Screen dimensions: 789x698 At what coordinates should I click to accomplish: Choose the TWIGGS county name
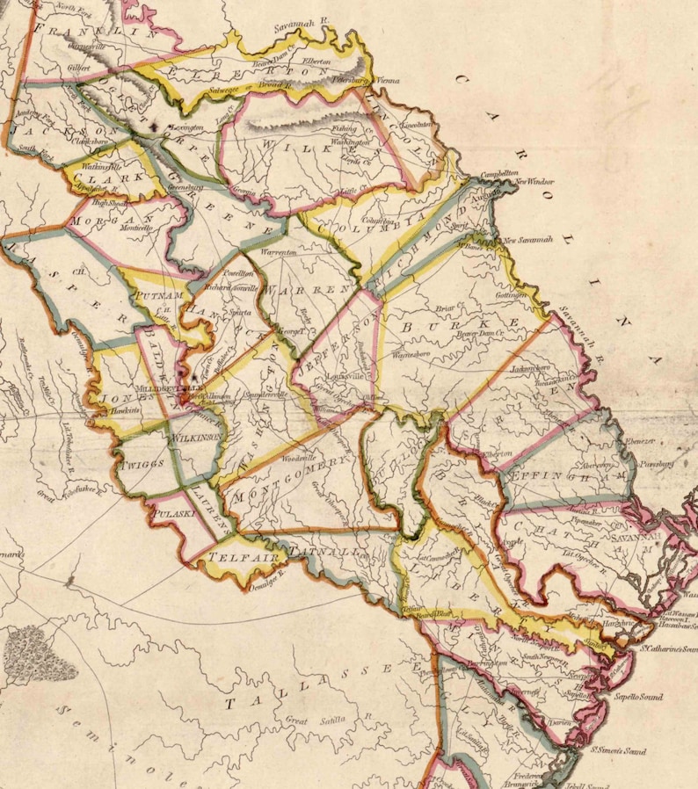point(143,463)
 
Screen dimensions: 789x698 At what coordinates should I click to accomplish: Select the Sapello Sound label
point(653,696)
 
